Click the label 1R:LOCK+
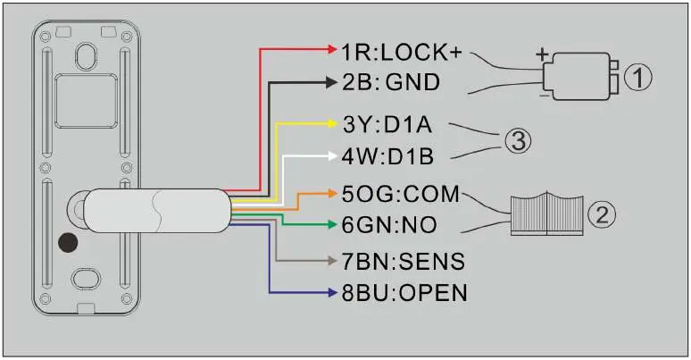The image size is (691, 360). click(x=402, y=53)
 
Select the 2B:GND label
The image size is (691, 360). click(x=391, y=82)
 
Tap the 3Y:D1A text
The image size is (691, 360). click(x=387, y=125)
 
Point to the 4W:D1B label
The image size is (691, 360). click(x=387, y=156)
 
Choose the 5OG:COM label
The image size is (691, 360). click(x=401, y=194)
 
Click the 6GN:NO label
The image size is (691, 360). click(x=389, y=225)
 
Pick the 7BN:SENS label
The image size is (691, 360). click(x=404, y=261)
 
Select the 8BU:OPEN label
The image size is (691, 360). click(x=404, y=293)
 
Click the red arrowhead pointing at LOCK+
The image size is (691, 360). click(x=333, y=49)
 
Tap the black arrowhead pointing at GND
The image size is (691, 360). click(x=331, y=82)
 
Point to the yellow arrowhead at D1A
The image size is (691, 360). click(x=333, y=124)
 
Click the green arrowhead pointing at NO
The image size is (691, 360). click(x=333, y=225)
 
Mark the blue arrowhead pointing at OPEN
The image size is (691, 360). click(x=333, y=292)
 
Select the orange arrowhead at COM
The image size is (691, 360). click(x=333, y=193)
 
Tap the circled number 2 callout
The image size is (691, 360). click(x=602, y=214)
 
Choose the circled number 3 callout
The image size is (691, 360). click(x=518, y=142)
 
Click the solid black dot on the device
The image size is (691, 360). click(x=68, y=243)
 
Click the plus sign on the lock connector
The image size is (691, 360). click(x=542, y=54)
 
